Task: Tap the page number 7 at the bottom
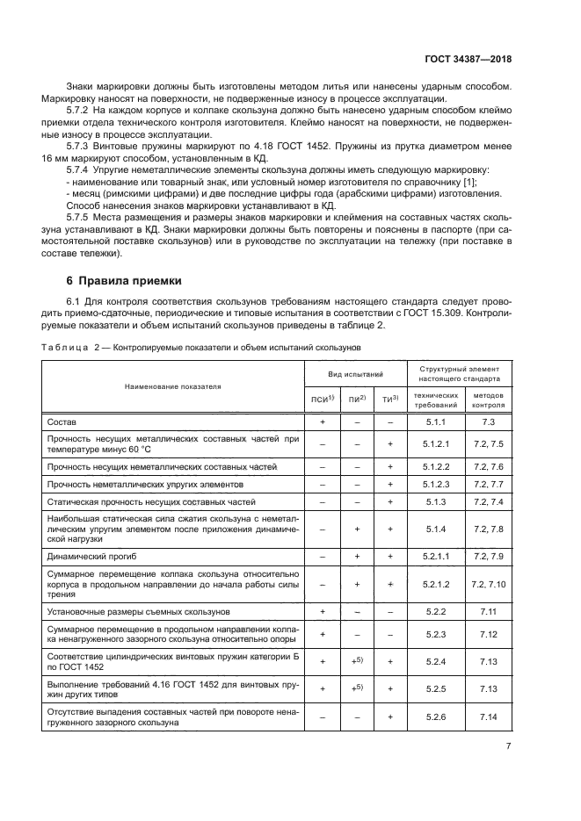[509, 745]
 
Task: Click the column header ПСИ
[322, 400]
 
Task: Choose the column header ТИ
[389, 400]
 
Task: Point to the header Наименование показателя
[173, 385]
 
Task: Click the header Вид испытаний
[356, 375]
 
